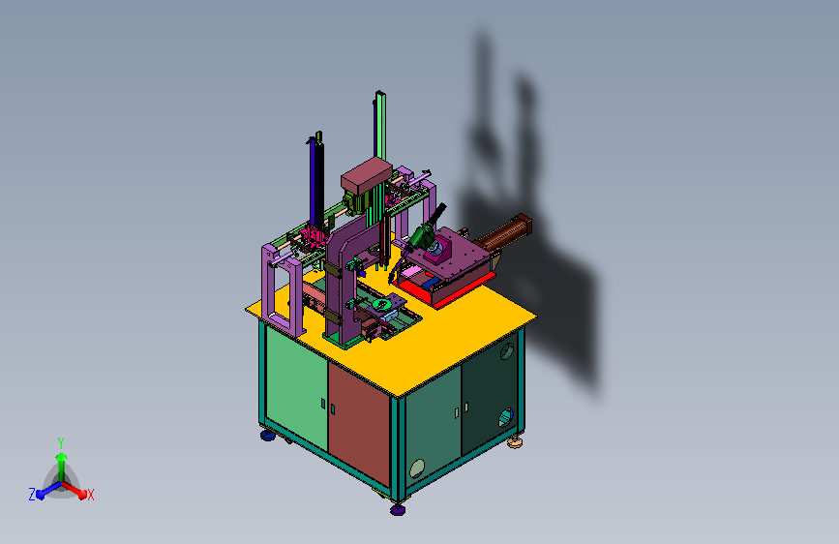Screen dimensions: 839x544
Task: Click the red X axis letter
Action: pyautogui.click(x=90, y=495)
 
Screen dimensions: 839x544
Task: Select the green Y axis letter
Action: pyautogui.click(x=61, y=443)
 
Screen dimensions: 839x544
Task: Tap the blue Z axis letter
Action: pyautogui.click(x=32, y=495)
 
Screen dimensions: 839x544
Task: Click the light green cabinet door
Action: pyautogui.click(x=296, y=390)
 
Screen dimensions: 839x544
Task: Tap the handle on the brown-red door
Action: pyautogui.click(x=333, y=409)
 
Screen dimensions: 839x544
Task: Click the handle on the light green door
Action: pyautogui.click(x=323, y=404)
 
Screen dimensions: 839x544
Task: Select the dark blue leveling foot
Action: pyautogui.click(x=268, y=436)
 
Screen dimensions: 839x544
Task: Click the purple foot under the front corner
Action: pyautogui.click(x=398, y=510)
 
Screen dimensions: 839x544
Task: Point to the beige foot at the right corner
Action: pyautogui.click(x=515, y=442)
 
